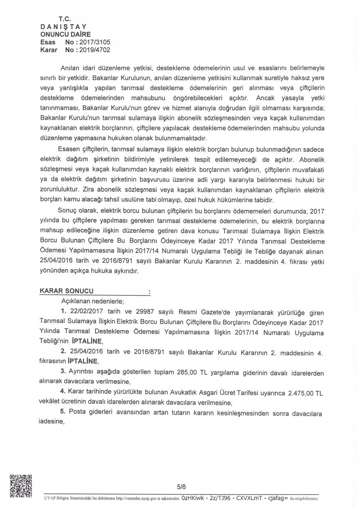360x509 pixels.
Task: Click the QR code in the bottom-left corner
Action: coord(20,486)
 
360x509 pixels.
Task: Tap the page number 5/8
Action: coord(181,487)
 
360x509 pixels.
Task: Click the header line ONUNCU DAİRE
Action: coord(65,34)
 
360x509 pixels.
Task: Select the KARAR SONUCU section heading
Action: coord(66,291)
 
